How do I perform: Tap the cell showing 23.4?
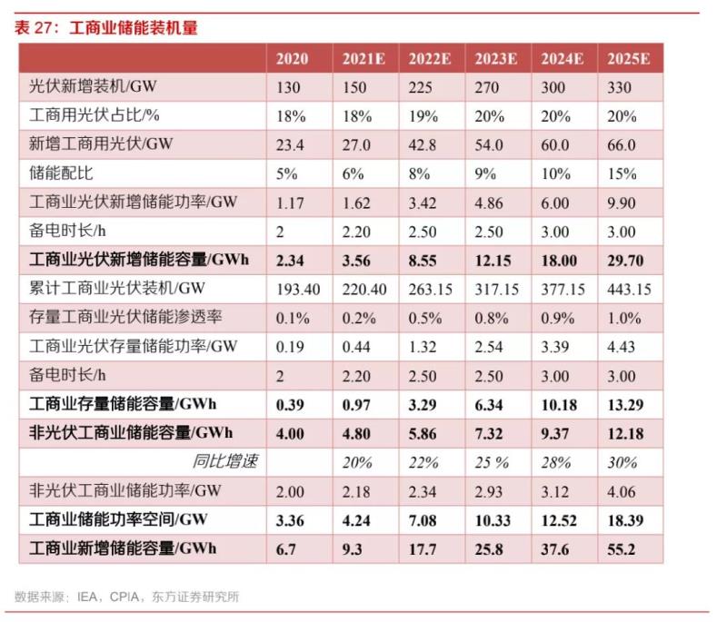pyautogui.click(x=292, y=145)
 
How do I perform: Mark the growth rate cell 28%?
pyautogui.click(x=555, y=462)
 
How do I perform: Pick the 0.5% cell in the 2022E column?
pyautogui.click(x=424, y=317)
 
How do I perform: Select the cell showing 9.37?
pyautogui.click(x=555, y=432)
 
